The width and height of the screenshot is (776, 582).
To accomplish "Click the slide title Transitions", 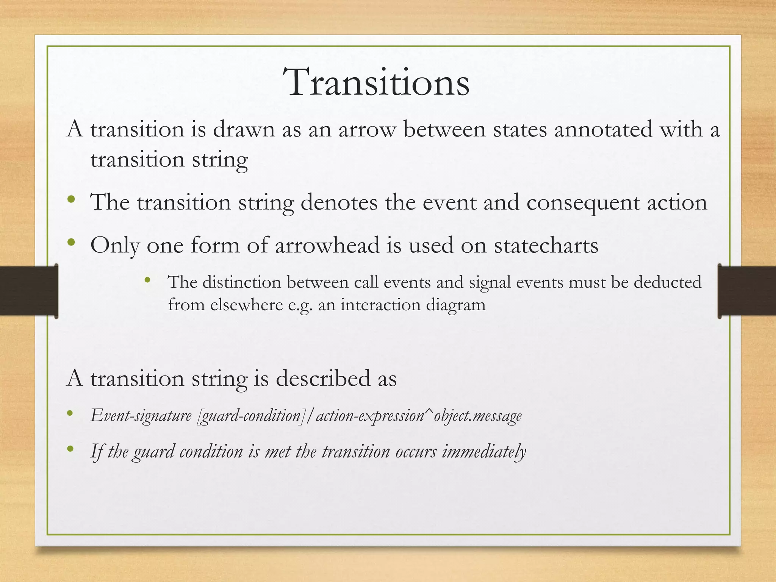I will pos(378,83).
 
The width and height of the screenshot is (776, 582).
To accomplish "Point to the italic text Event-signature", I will pos(141,416).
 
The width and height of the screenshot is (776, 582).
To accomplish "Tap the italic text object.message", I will pos(478,416).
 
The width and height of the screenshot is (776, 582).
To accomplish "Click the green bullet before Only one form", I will pos(70,242).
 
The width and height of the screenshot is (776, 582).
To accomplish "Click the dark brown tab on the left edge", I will pos(28,291).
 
